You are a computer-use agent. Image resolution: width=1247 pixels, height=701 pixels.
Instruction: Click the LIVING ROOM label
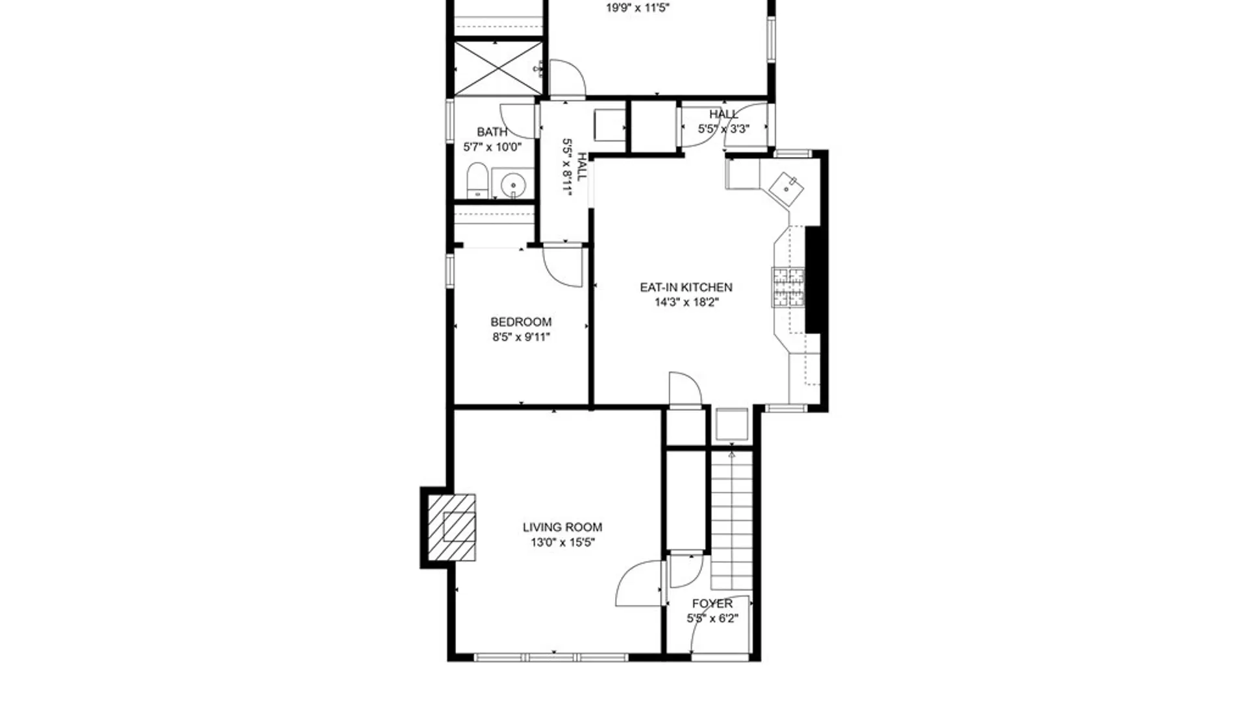pos(562,527)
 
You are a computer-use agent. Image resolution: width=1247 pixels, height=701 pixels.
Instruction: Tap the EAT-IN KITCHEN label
pos(686,287)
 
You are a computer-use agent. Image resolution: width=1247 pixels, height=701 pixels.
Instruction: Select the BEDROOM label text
pos(521,322)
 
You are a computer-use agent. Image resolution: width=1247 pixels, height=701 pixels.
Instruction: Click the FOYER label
pos(712,604)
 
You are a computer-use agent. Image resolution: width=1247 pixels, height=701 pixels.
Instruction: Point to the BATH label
pos(492,132)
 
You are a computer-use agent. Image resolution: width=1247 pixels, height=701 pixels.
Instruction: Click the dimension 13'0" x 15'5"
pos(562,543)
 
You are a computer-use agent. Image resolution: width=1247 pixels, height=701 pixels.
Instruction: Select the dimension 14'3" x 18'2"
pos(686,302)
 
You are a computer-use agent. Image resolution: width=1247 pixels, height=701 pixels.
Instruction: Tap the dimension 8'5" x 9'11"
pos(521,337)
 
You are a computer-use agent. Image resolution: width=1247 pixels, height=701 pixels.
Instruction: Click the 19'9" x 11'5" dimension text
pos(638,8)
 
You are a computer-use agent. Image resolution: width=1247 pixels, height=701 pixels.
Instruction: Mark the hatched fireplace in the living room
pos(452,527)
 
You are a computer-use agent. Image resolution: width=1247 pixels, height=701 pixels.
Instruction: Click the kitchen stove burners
pos(788,286)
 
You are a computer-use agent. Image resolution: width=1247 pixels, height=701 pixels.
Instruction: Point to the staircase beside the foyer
pos(732,519)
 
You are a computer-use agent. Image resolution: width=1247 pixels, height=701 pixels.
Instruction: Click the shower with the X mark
pos(498,68)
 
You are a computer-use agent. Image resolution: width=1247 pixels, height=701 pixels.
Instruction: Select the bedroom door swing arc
pos(562,266)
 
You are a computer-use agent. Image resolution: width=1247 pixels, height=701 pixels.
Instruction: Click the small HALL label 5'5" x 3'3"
pos(724,121)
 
